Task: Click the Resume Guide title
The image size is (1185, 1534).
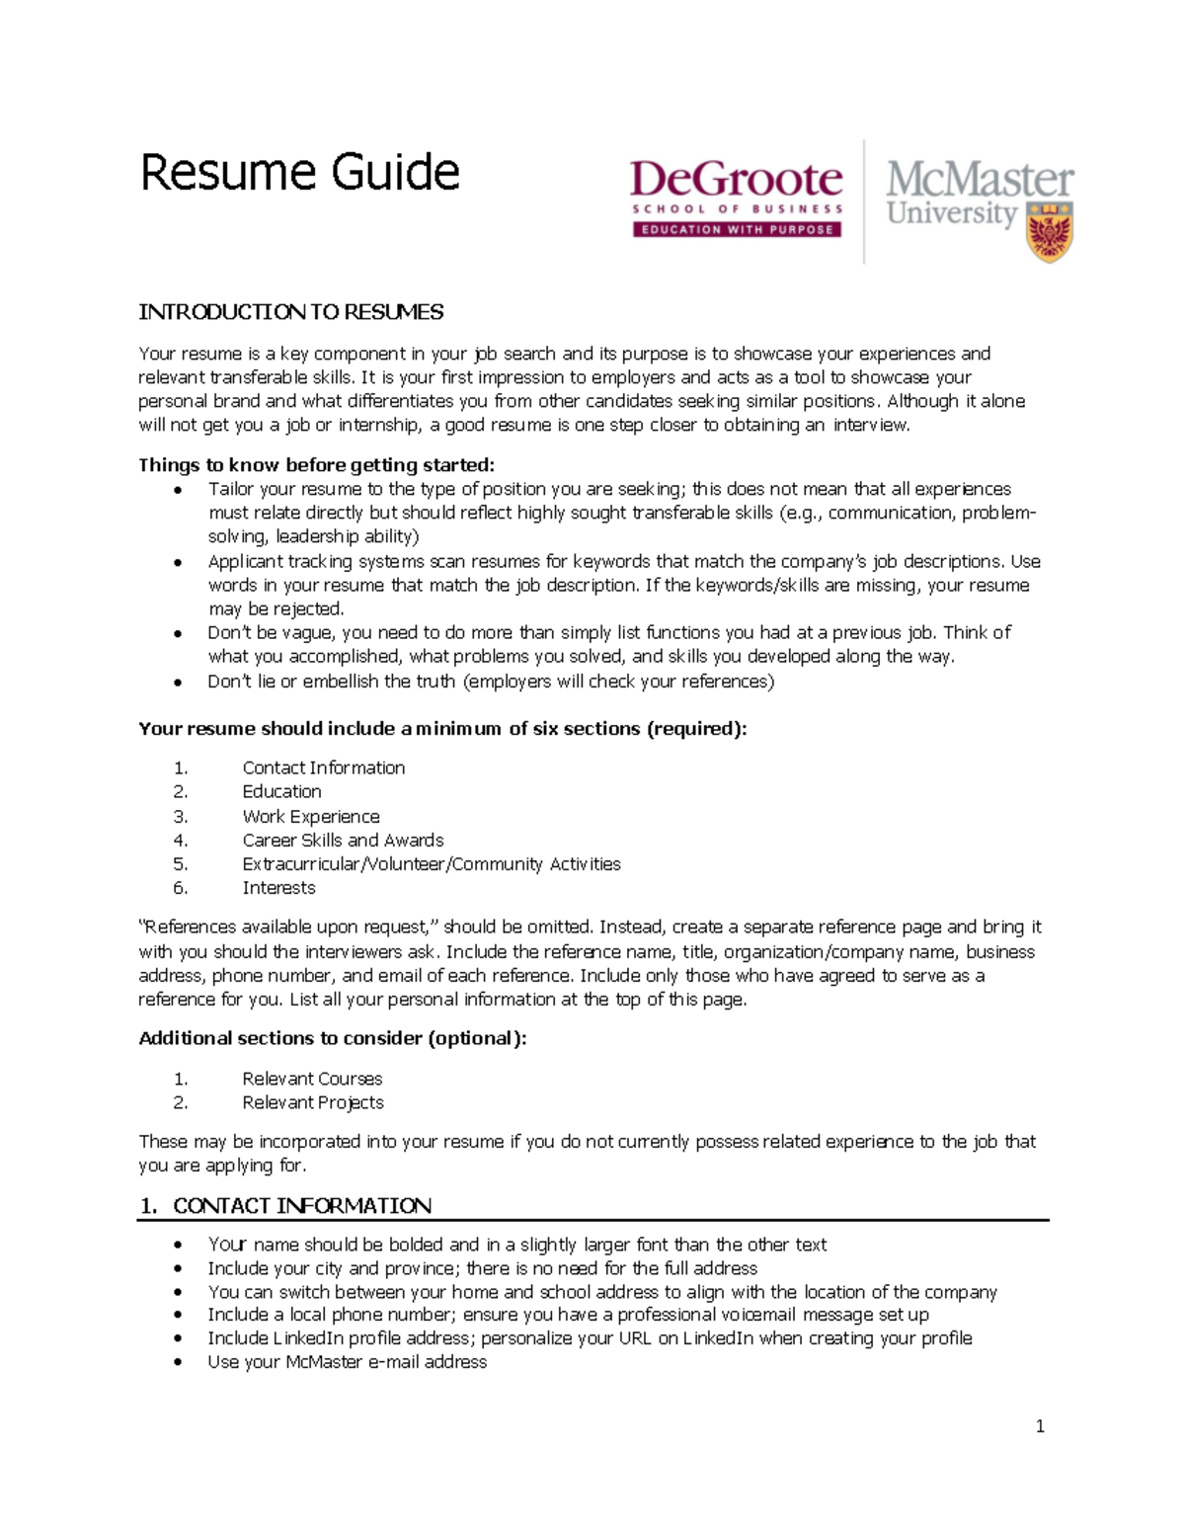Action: coord(299,173)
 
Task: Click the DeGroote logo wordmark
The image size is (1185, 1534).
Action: coord(736,180)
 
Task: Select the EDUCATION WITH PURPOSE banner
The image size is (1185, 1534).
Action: coord(736,229)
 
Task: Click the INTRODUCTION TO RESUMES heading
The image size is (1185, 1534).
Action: coord(290,312)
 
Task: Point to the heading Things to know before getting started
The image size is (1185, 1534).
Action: coord(316,464)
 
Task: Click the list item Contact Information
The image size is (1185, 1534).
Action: coord(323,767)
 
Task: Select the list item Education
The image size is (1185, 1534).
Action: coord(281,791)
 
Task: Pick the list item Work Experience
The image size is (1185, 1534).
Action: coord(310,816)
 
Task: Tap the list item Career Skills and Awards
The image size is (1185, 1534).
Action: coord(343,840)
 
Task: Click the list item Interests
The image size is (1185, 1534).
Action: coord(278,888)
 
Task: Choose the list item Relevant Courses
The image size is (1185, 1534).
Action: coord(312,1079)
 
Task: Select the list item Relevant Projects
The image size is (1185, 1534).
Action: coord(313,1102)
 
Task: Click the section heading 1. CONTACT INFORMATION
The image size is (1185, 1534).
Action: coord(286,1205)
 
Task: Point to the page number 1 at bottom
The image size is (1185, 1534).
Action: coord(1040,1425)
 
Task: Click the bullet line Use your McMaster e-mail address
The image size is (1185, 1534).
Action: coord(347,1362)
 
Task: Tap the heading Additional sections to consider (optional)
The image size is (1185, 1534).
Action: coord(332,1038)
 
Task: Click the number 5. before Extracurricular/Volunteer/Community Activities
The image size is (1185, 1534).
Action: coord(180,864)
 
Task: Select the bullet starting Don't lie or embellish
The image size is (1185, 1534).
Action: coord(490,682)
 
